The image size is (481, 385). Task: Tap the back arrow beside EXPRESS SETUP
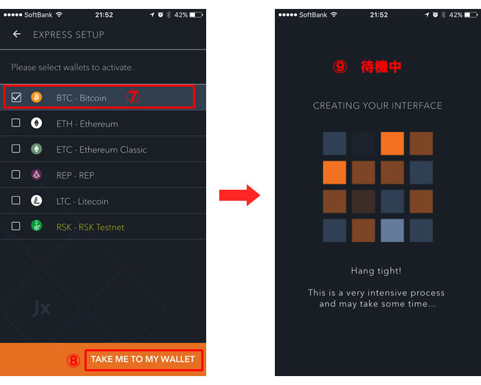(x=16, y=34)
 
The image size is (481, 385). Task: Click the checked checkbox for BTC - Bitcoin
(x=16, y=98)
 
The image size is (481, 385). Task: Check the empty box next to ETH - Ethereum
(x=16, y=123)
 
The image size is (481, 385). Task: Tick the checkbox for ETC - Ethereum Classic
(x=16, y=149)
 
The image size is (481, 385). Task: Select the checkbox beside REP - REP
(x=16, y=175)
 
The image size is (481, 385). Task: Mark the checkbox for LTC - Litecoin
(x=16, y=201)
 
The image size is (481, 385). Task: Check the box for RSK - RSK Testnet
(x=16, y=226)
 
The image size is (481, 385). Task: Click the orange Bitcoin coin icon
(x=36, y=98)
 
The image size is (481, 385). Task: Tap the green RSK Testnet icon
(x=36, y=225)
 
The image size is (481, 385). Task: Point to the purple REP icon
(x=36, y=175)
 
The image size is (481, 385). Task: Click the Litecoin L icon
(x=36, y=201)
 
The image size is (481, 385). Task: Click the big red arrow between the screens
(x=240, y=195)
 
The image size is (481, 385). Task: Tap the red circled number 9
(x=340, y=66)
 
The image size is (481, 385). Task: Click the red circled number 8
(x=74, y=360)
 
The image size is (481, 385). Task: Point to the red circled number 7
(x=133, y=96)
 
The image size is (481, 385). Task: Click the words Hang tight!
(x=376, y=271)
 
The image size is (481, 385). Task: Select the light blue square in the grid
(x=392, y=230)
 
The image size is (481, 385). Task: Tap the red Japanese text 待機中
(x=381, y=67)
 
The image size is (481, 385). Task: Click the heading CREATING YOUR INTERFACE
(x=377, y=106)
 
